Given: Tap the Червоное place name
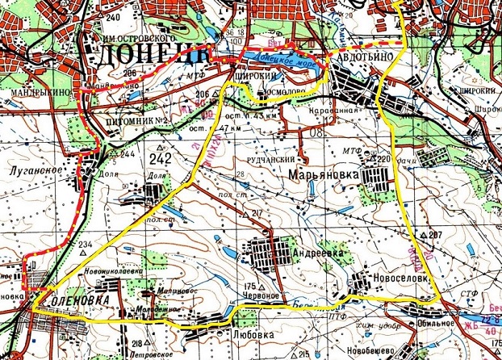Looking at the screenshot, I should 261,295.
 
